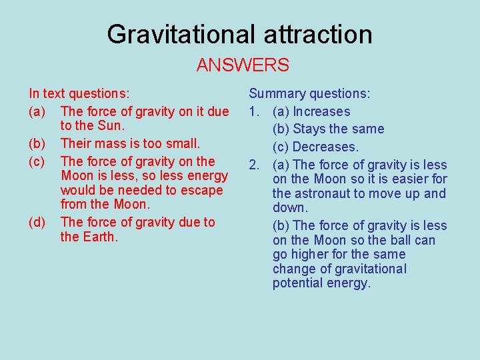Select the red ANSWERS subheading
(x=243, y=65)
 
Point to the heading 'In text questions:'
(x=79, y=95)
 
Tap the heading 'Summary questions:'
(x=309, y=95)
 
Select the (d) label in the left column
(x=37, y=222)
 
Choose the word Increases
(x=321, y=112)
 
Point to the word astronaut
(x=318, y=194)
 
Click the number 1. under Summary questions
(x=254, y=112)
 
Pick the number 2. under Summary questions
(x=254, y=165)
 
